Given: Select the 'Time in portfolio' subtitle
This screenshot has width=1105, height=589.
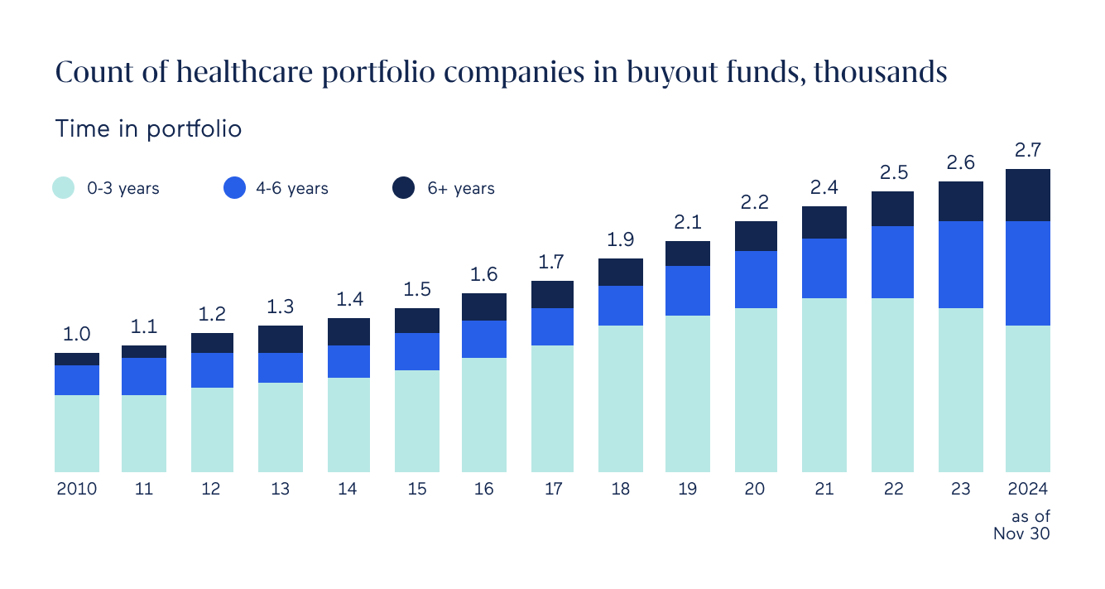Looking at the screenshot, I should (148, 129).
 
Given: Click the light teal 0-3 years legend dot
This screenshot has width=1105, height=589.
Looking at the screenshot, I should (64, 188).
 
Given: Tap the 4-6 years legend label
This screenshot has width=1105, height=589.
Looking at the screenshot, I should (292, 189).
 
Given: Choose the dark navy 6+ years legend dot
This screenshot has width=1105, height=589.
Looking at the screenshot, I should (403, 188).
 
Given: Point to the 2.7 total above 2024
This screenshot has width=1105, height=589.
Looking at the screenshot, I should (1027, 151).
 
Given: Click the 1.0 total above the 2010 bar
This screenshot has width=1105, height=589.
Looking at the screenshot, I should (77, 335).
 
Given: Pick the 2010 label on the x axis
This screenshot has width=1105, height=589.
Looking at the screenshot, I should (77, 489).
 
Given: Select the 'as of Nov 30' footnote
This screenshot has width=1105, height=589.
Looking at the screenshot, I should (1023, 525).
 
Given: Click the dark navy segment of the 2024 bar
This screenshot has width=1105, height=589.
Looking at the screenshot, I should (1027, 195).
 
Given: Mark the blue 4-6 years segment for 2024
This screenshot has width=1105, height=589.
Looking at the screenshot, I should (1027, 273).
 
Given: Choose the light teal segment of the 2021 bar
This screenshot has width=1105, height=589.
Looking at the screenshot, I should (824, 384).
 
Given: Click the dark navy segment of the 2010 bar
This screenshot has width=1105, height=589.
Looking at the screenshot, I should (77, 359).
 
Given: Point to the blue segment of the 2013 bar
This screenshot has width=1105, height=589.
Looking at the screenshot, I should (281, 367).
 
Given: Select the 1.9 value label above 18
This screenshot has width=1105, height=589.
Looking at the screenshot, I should (620, 240).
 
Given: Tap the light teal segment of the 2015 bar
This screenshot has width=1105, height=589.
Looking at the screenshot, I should (416, 421).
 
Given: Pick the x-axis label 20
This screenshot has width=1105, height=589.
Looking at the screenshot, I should (754, 489).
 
